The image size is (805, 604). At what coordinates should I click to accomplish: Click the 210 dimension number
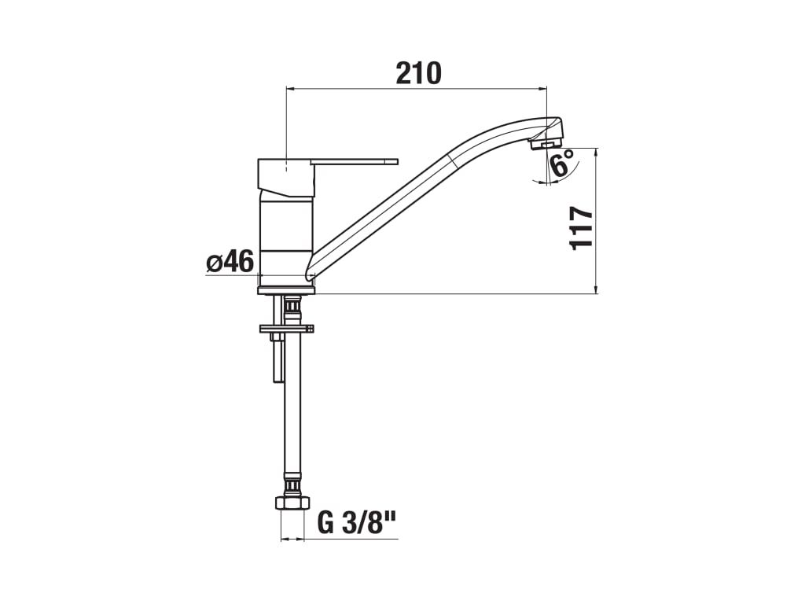pos(418,73)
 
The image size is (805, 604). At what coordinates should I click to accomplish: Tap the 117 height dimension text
pos(581,227)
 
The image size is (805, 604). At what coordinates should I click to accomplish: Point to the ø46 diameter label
pos(230,262)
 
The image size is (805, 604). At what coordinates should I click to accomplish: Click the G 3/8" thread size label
pos(355,523)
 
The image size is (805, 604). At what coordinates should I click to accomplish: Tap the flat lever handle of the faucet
pos(354,162)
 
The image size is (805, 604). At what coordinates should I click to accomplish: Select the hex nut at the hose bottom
pos(292,503)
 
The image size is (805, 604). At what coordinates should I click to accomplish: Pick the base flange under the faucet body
pos(286,290)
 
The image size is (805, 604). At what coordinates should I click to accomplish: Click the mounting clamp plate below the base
pos(286,328)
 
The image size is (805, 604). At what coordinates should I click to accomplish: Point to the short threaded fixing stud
pos(278,358)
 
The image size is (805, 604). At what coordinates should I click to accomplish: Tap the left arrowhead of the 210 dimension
pos(291,89)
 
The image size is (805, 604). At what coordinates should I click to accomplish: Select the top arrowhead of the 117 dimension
pos(597,152)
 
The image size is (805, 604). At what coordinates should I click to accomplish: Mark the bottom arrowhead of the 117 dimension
pos(597,289)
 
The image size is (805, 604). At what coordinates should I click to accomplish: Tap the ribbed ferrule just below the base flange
pos(292,304)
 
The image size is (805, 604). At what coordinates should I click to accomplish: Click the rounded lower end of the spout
pos(310,272)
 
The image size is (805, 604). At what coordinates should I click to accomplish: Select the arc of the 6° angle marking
pos(572,175)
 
